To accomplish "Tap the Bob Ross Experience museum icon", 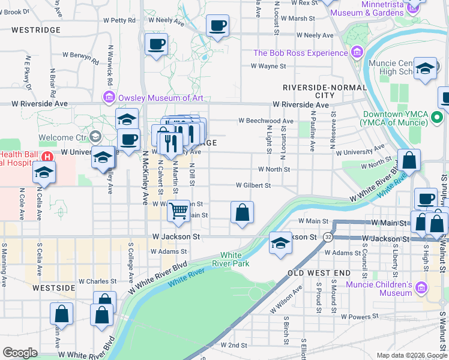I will pyautogui.click(x=358, y=53).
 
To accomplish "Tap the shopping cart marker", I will pyautogui.click(x=178, y=211).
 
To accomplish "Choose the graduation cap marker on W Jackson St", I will pyautogui.click(x=280, y=242).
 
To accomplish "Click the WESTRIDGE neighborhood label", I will pyautogui.click(x=35, y=29).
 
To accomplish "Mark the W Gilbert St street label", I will pyautogui.click(x=253, y=185).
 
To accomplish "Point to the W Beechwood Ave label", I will pyautogui.click(x=265, y=121).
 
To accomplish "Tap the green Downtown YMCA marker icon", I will pyautogui.click(x=438, y=118).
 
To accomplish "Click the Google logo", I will pyautogui.click(x=20, y=353).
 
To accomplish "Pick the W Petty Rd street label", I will pyautogui.click(x=118, y=20).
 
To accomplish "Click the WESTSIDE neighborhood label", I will pyautogui.click(x=54, y=288).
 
